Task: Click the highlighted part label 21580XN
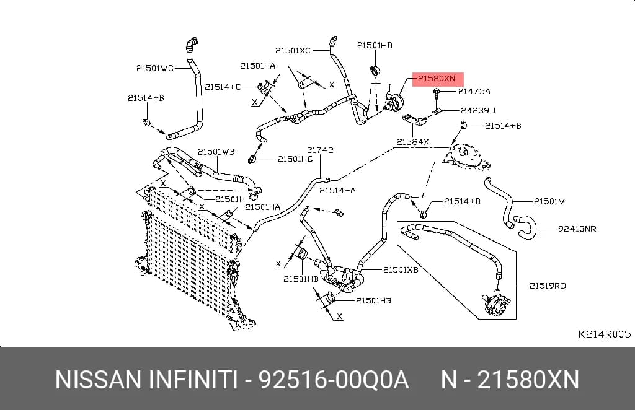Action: [437, 79]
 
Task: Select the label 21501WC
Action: [154, 68]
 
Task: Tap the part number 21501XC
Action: [293, 51]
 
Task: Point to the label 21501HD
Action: [375, 45]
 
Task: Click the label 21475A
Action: [474, 92]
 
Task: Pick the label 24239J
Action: [478, 110]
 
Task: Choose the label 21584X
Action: [412, 142]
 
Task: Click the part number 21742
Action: [320, 150]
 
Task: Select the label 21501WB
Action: [216, 152]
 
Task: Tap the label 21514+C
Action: [223, 87]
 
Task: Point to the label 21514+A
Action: [337, 190]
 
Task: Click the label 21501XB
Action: [401, 269]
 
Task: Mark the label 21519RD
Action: [548, 286]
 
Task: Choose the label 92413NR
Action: [577, 229]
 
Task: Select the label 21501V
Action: [549, 201]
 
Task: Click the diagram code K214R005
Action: [604, 334]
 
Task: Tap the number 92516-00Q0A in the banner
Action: [334, 380]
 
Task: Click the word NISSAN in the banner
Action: [99, 380]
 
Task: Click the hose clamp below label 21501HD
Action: [375, 71]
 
